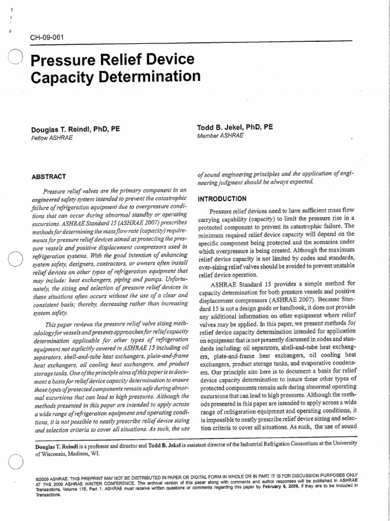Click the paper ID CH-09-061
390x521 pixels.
click(x=46, y=37)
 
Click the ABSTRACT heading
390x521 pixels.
click(x=49, y=177)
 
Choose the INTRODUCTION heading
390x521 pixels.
click(x=222, y=198)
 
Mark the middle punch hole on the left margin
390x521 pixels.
click(x=15, y=260)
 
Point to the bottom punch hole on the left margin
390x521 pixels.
click(x=16, y=463)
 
